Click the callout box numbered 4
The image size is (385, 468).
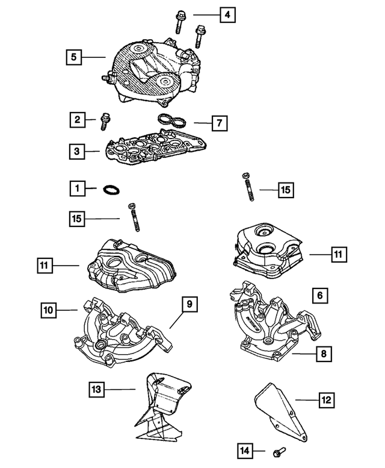coord(227,14)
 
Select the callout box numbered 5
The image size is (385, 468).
coord(73,57)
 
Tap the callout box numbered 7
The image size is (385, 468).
coord(220,123)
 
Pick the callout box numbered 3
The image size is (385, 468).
coord(77,151)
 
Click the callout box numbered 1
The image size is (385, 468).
coord(78,189)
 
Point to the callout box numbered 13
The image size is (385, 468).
coord(96,389)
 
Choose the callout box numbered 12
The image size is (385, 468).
coord(327,400)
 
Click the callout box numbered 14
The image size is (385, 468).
coord(245,451)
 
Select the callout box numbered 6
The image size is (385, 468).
coord(320,296)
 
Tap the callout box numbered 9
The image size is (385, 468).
coord(189,304)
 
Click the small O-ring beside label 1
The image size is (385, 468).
coord(111,190)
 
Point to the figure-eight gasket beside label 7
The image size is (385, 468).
coord(172,120)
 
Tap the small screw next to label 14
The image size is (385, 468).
coord(279,452)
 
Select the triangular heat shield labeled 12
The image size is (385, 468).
coord(281,412)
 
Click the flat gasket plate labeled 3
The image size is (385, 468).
coord(156,146)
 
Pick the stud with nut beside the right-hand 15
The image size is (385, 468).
coord(248,187)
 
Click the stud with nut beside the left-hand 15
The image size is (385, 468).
coord(134,217)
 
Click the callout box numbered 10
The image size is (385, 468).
coord(48,310)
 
